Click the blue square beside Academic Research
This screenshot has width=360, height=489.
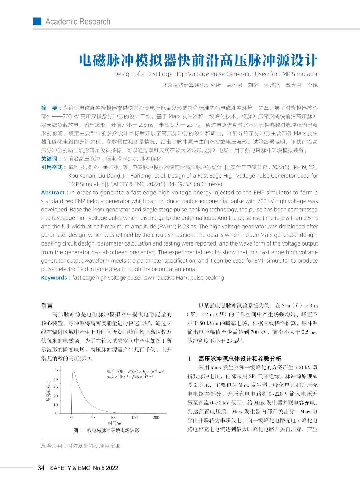37,21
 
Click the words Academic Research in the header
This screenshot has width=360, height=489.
78,22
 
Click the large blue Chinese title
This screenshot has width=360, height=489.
198,60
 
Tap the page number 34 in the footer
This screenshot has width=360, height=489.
41,468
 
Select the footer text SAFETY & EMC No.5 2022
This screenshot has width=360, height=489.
84,468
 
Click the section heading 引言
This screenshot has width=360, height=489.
47,306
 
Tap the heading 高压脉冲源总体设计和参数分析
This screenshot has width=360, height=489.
240,359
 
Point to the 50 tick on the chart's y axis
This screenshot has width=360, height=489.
56,370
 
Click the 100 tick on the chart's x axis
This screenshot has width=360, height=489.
113,417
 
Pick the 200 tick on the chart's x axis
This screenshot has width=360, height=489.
156,417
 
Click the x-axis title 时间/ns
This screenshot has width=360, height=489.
115,423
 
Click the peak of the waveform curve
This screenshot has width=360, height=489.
73,371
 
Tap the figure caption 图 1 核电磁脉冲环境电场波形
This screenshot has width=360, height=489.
106,430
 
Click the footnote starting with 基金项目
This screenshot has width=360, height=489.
81,446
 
